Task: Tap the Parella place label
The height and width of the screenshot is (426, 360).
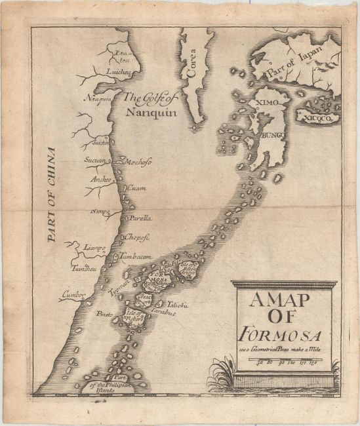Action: point(140,218)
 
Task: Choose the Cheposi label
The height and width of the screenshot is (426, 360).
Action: point(137,239)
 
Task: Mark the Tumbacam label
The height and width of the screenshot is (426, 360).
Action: point(136,257)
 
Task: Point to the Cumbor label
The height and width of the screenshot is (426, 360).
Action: point(73,296)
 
